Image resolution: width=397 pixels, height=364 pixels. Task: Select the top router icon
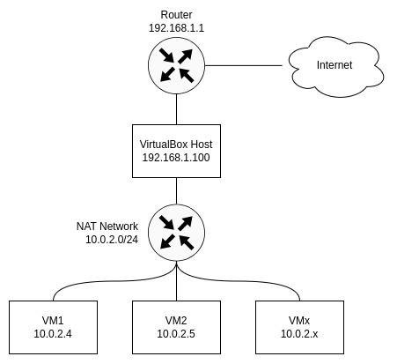tap(176, 65)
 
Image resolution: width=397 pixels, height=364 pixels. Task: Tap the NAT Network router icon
tap(176, 233)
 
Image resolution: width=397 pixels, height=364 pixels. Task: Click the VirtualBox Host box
tap(176, 151)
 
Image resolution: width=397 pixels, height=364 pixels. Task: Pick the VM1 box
tap(53, 327)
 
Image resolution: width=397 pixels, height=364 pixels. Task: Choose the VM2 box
tap(176, 327)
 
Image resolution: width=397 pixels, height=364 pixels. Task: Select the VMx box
tap(299, 327)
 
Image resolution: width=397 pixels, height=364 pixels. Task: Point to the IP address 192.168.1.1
tap(176, 28)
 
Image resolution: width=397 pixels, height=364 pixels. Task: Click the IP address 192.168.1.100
tap(176, 158)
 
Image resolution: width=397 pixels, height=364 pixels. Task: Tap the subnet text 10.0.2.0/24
tap(112, 240)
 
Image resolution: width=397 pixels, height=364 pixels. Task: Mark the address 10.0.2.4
tap(53, 334)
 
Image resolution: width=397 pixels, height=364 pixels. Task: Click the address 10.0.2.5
tap(176, 334)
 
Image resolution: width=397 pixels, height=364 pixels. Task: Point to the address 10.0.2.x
tap(299, 334)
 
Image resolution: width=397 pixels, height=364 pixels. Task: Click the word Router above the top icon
tap(176, 15)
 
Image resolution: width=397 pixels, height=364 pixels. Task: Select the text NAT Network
tap(107, 227)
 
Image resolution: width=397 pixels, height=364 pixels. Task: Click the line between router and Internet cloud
tap(244, 65)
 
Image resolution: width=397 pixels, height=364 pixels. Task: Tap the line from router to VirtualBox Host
tap(176, 109)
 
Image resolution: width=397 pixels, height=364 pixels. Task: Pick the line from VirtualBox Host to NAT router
tap(176, 191)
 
